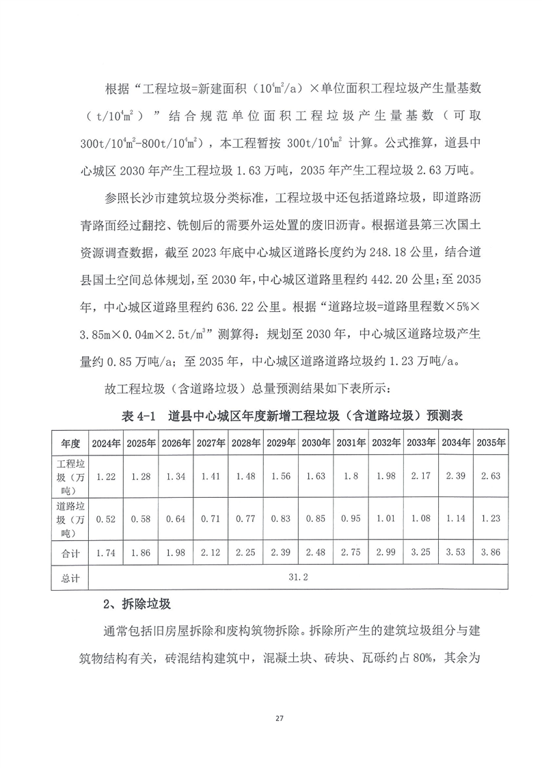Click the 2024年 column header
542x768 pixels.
107,443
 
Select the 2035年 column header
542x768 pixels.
490,443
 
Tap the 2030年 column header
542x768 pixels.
316,443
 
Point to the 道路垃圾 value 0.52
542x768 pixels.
107,519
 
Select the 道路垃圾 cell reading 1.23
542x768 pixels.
490,519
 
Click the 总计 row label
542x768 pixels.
70,578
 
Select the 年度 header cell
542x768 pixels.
70,443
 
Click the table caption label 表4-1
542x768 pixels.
138,416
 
